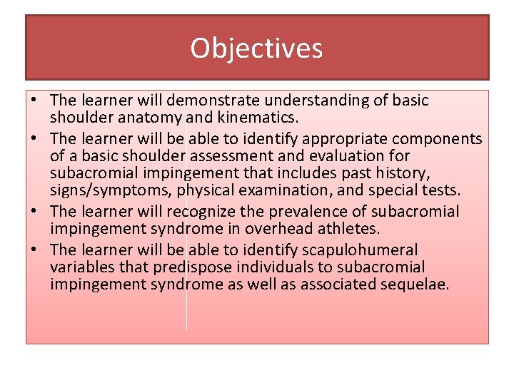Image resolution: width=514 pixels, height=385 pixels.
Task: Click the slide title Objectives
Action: point(256,48)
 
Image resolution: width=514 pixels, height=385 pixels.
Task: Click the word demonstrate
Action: point(225,101)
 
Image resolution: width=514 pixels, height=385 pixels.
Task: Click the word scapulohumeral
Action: point(357,250)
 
